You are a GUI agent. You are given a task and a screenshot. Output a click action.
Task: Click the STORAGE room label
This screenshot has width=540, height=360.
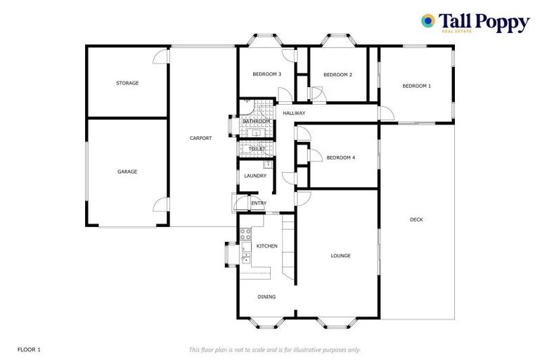[127, 83]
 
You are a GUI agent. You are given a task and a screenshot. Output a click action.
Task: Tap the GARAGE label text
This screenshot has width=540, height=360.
[127, 172]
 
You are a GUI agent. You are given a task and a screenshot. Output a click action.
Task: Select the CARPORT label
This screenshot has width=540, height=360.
[200, 138]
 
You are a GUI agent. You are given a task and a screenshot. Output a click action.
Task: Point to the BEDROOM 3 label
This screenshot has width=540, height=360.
[267, 75]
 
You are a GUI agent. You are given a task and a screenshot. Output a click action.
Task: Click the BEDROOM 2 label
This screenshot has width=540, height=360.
[337, 75]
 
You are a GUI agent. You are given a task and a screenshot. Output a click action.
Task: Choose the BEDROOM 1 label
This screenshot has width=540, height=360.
[416, 86]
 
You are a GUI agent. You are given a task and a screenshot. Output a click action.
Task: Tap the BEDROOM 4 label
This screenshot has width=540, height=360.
[340, 157]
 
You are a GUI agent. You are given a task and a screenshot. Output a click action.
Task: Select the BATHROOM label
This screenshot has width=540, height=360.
[256, 122]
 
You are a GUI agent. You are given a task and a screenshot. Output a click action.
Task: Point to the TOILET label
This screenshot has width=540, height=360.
[257, 149]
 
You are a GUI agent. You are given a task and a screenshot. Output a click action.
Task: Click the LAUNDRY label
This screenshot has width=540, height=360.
[255, 176]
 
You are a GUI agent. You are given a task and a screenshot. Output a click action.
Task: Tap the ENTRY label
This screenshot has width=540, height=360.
[259, 204]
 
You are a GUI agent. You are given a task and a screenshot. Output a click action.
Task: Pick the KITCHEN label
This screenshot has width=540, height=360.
[266, 246]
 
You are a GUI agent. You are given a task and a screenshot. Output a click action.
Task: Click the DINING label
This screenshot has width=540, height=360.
[266, 297]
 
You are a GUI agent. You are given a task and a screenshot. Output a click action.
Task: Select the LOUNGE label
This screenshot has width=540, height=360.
[340, 255]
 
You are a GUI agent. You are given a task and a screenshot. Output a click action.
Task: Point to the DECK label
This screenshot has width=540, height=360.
[416, 219]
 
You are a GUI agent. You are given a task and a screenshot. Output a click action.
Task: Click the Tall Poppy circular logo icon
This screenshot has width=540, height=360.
[427, 21]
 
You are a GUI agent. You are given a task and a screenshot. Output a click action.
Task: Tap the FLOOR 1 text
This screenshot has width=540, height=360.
[30, 349]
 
